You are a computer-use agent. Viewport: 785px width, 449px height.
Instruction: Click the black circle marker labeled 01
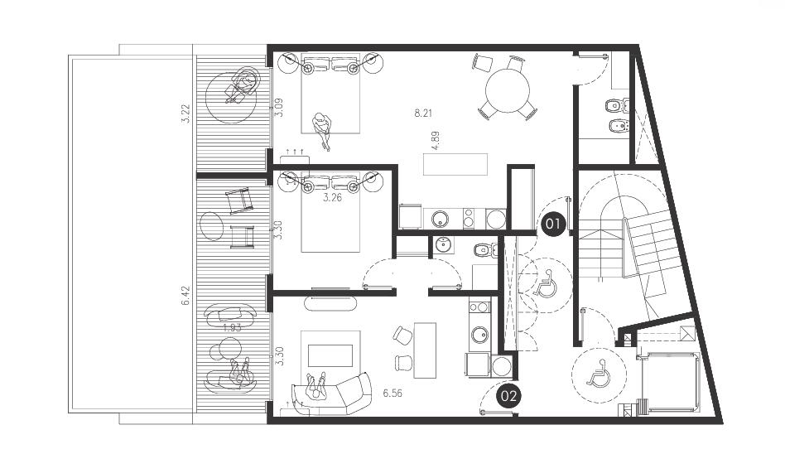coord(552,224)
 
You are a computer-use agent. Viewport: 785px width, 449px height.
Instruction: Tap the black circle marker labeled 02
coord(508,396)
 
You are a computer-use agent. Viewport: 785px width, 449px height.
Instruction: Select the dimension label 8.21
coord(423,113)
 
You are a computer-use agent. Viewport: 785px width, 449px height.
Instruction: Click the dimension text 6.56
coord(392,393)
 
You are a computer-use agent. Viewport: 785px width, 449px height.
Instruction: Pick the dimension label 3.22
coord(185,113)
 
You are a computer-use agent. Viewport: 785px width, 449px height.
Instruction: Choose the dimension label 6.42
coord(185,296)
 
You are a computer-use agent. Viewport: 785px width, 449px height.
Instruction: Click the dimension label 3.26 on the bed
coord(332,197)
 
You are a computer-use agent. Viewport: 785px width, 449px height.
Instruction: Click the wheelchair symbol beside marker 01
coord(546,283)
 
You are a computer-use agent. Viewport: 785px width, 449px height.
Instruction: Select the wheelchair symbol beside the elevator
coord(599,374)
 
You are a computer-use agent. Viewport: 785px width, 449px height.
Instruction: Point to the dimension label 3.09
coord(280,107)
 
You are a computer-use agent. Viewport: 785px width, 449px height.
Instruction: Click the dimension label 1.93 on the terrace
coord(232,328)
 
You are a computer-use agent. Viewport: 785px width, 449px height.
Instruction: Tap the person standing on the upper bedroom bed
coord(321,129)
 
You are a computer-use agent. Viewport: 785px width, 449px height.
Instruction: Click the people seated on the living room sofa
coord(316,386)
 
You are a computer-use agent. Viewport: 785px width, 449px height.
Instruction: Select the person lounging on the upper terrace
coord(242,85)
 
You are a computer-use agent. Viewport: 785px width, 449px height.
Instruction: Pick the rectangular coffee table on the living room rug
coord(330,355)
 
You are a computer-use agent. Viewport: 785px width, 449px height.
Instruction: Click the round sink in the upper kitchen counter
coord(441,219)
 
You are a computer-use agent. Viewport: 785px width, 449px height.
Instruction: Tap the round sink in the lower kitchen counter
coord(480,335)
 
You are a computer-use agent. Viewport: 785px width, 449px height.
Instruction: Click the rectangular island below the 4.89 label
coord(455,164)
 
